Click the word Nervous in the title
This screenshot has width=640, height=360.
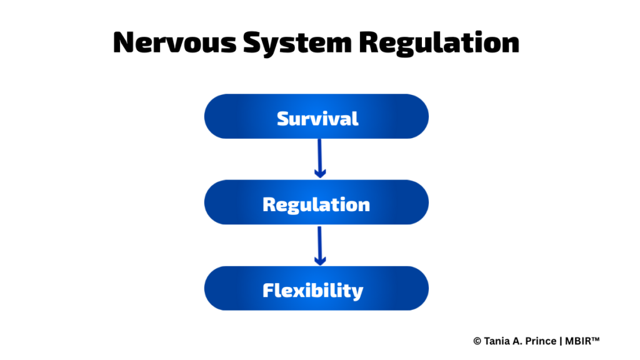tap(175, 42)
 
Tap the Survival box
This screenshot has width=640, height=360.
tap(316, 116)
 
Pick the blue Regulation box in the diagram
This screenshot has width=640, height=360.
tap(316, 202)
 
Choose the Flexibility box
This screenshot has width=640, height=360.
tap(316, 288)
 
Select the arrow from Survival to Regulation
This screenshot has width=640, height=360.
tap(319, 158)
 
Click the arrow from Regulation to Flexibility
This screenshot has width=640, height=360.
tap(319, 246)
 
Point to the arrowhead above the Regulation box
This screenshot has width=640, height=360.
tap(320, 173)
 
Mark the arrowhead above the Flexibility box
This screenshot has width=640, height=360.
tap(320, 261)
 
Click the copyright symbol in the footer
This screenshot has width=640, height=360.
tap(477, 341)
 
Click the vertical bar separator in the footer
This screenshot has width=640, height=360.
tap(561, 341)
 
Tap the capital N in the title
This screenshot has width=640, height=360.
tap(124, 42)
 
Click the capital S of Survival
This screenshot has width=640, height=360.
tap(284, 119)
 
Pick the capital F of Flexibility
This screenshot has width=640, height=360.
tap(269, 291)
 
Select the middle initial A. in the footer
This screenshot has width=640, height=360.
tap(518, 341)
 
